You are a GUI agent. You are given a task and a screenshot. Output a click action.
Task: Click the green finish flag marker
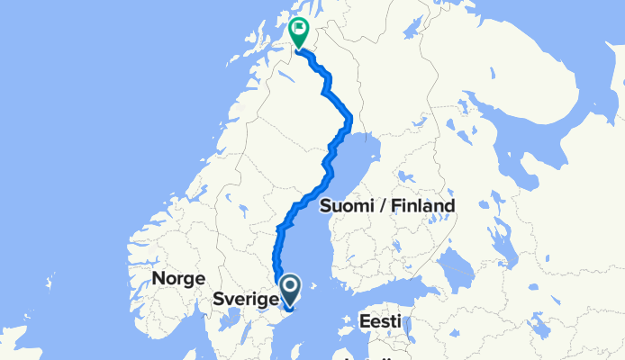pyautogui.click(x=298, y=32)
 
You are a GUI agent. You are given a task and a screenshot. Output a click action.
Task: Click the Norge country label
pyautogui.click(x=178, y=278)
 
